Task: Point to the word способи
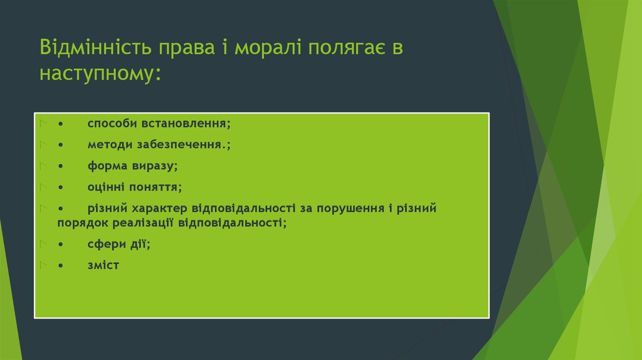click(x=108, y=124)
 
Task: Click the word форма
click(x=105, y=166)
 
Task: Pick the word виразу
click(x=155, y=166)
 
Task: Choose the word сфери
click(x=105, y=244)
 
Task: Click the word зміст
click(x=103, y=265)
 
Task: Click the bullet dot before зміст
click(x=60, y=266)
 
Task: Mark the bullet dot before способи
click(x=60, y=124)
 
